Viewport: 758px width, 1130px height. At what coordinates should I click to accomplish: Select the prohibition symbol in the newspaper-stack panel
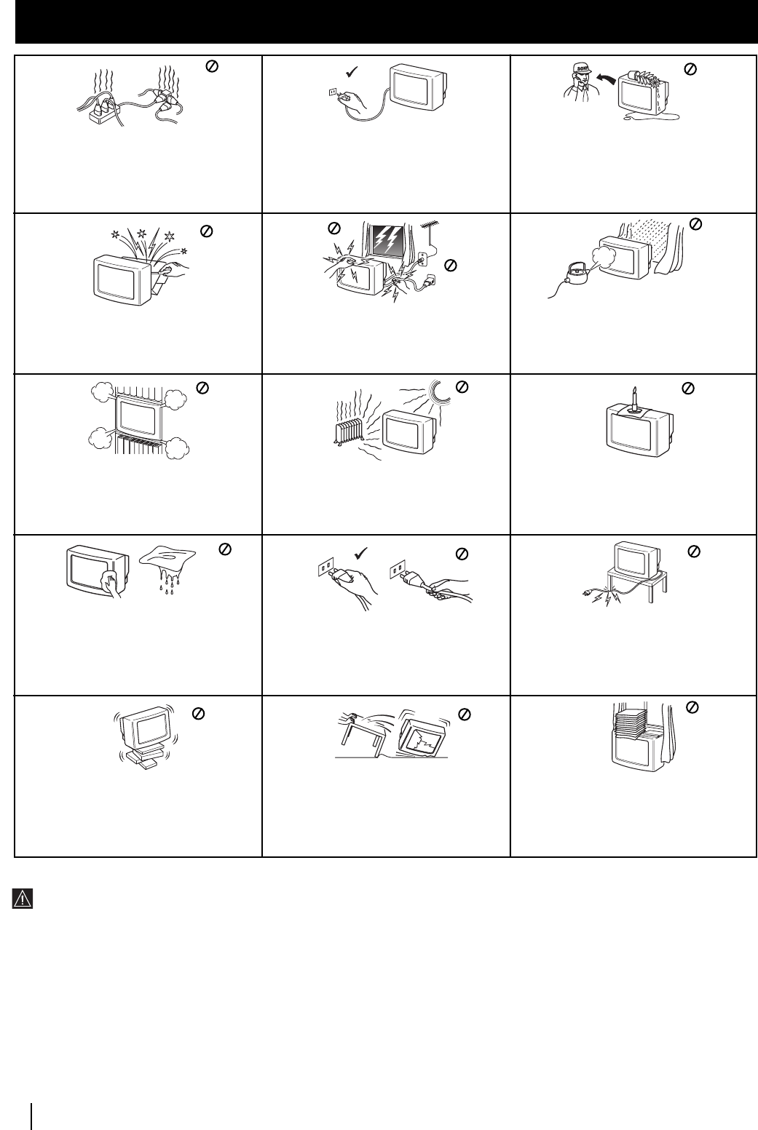pos(693,706)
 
